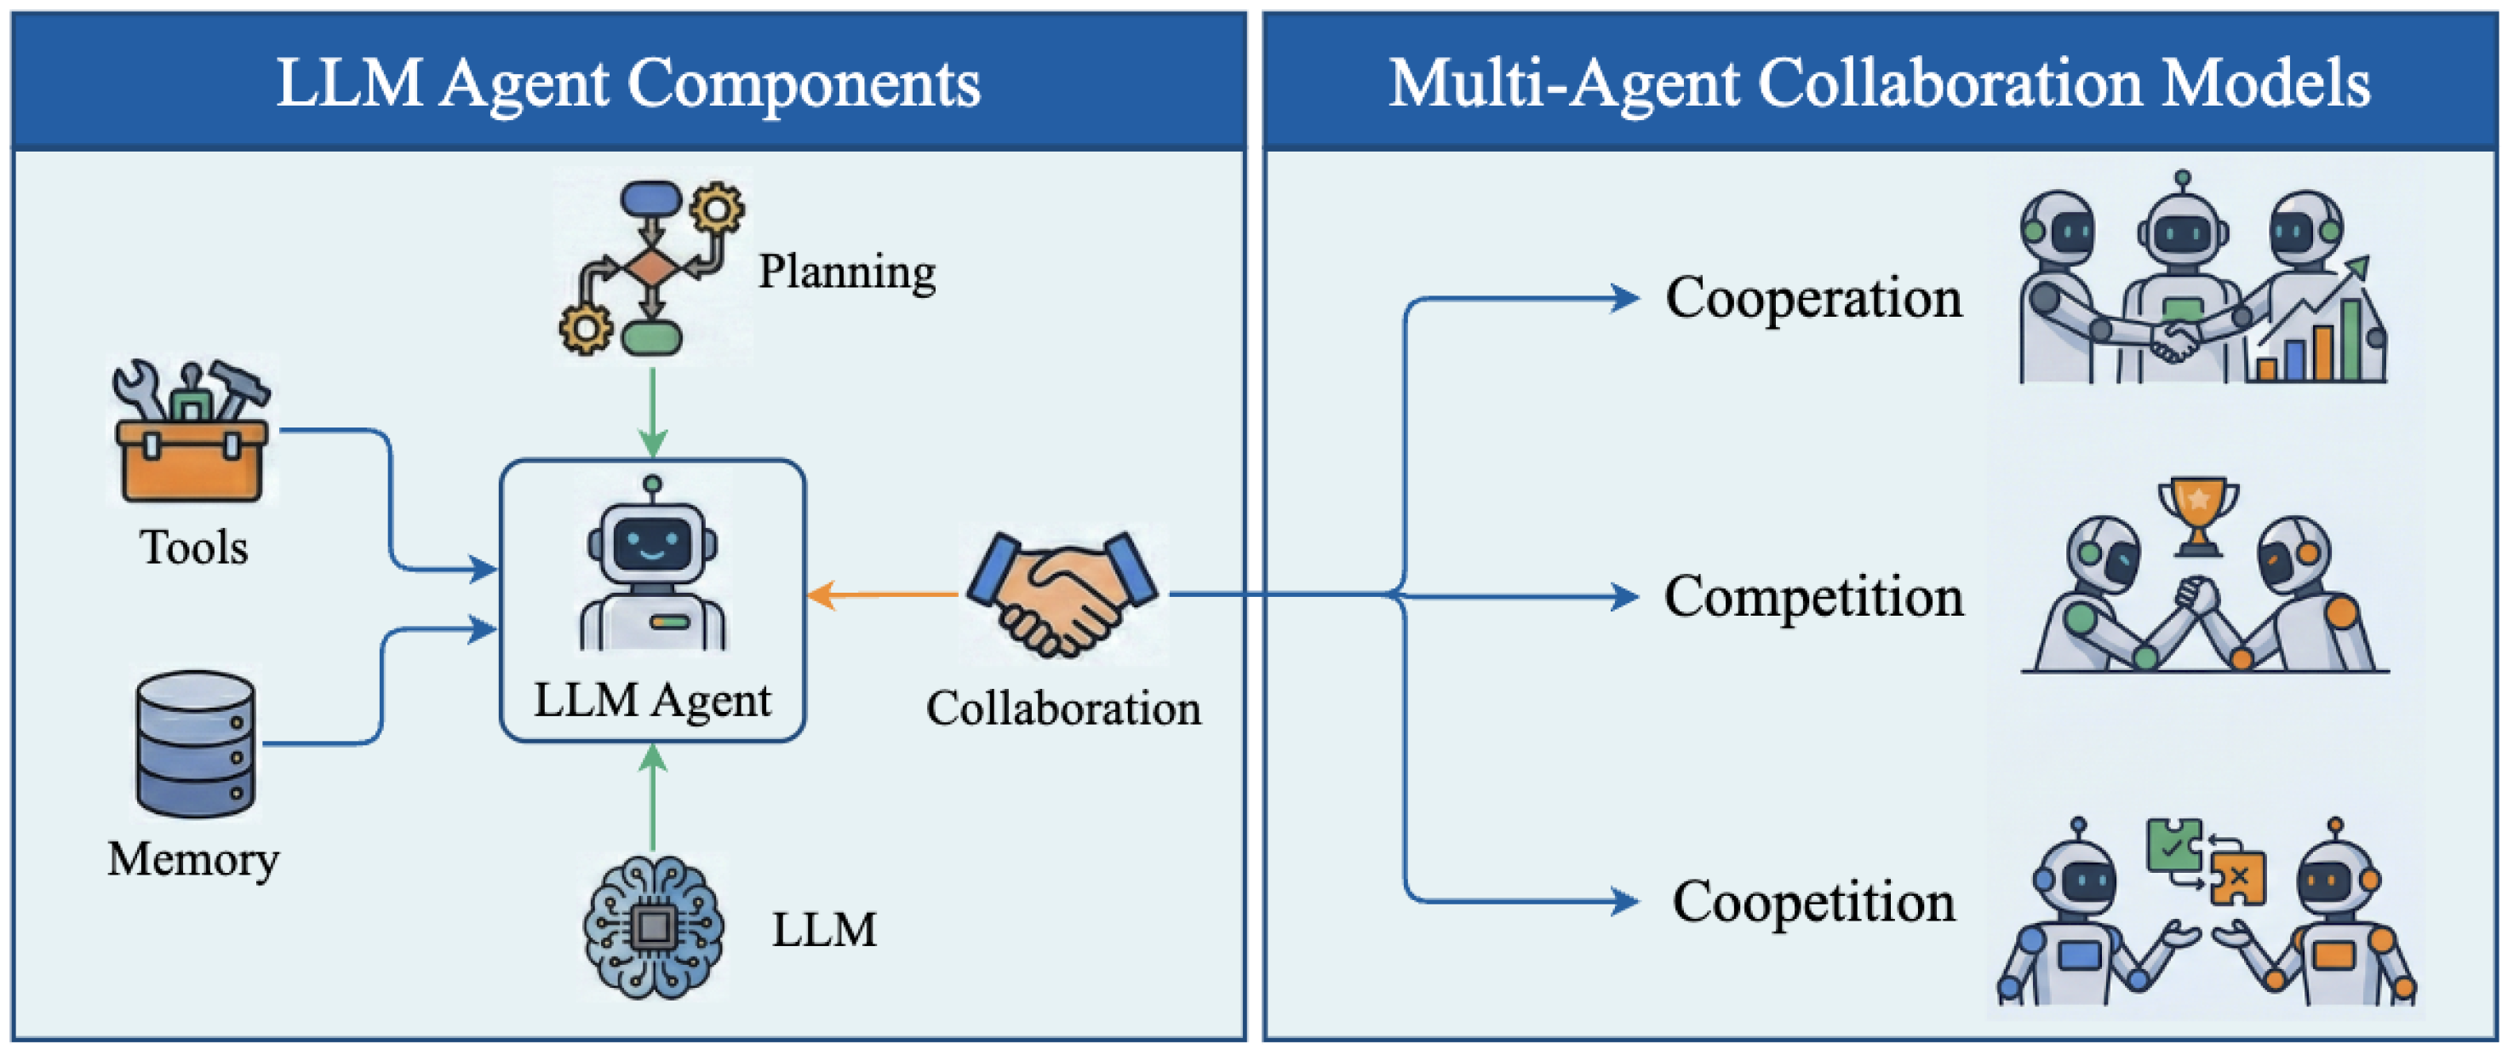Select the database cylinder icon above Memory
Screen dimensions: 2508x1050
pos(196,743)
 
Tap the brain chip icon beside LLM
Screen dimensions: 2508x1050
pos(652,927)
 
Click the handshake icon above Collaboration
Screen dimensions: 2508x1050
pos(1063,592)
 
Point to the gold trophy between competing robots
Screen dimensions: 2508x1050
pos(2197,515)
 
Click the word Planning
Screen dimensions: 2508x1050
pos(847,272)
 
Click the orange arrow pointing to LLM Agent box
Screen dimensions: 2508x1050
pos(882,594)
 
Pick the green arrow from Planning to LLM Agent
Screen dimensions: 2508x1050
pos(652,412)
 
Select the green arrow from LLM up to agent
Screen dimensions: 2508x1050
pos(652,798)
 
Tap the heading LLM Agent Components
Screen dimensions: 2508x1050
pos(629,83)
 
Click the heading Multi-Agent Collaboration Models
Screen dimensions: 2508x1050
pos(1879,83)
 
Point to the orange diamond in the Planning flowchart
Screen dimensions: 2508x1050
pos(651,264)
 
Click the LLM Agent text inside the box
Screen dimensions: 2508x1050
pos(652,700)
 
